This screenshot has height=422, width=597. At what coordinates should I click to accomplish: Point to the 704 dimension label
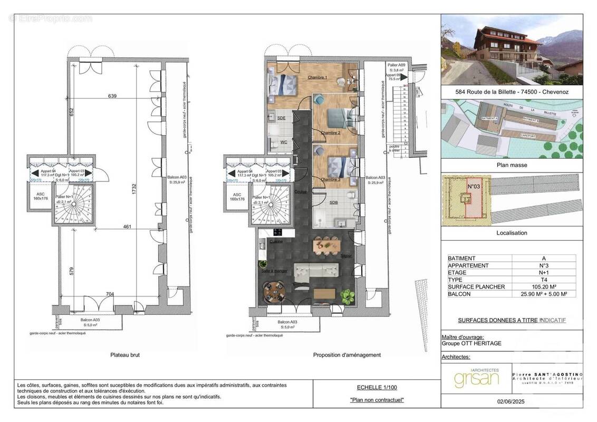[110, 294]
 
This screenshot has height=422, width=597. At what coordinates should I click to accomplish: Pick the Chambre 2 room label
[331, 132]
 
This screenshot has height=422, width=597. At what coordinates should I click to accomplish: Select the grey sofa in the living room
[315, 273]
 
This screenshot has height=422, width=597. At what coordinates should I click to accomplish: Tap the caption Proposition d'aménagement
[346, 355]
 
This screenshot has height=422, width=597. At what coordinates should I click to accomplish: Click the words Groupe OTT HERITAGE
[471, 344]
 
